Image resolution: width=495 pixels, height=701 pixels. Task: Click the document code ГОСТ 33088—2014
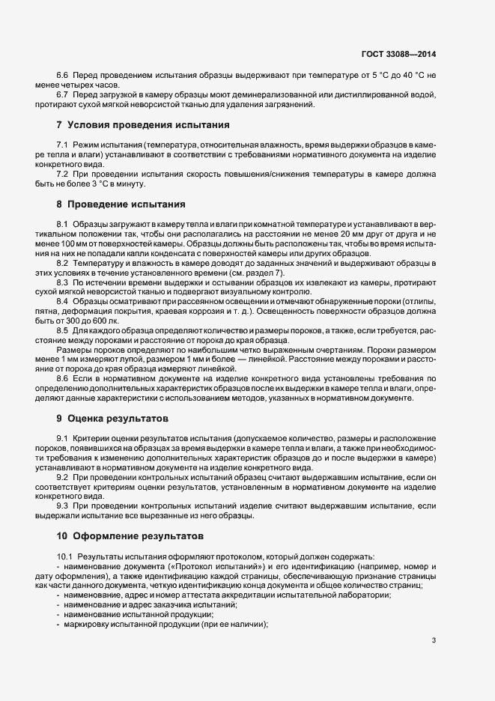398,54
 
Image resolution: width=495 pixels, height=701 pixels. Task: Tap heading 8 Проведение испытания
121,204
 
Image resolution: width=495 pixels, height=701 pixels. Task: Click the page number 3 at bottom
434,640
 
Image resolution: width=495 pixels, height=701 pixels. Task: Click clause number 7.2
63,174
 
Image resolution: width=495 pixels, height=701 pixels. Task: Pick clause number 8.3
63,281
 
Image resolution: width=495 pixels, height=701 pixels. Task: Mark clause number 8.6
63,379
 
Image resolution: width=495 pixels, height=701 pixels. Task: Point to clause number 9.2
63,476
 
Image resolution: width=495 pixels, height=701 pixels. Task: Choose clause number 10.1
66,556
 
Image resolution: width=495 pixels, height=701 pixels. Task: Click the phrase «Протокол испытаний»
213,567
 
